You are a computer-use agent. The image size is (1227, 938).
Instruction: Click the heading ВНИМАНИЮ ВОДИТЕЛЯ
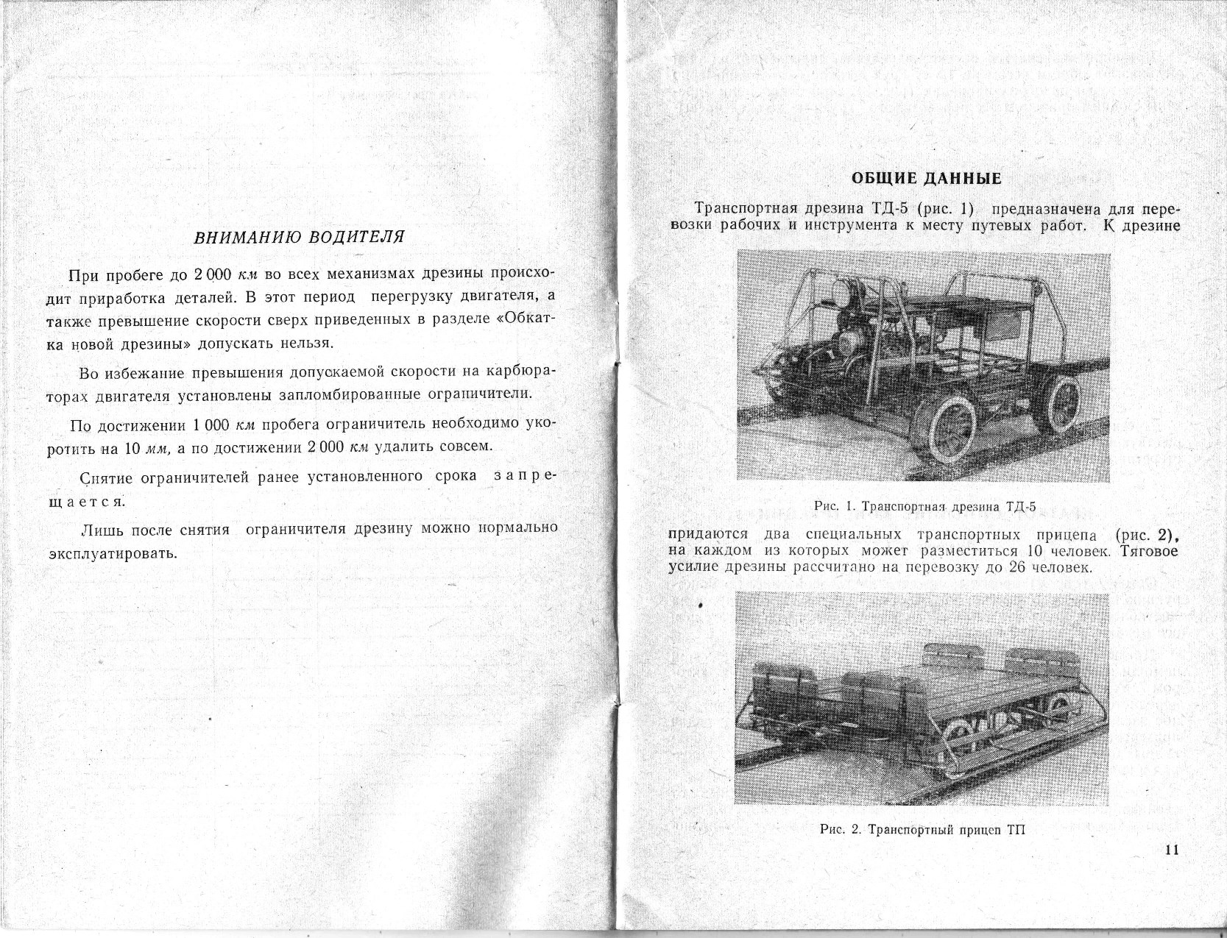[x=299, y=238]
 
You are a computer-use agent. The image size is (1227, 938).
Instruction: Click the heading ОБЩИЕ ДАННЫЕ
[x=926, y=179]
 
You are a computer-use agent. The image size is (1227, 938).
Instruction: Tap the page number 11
[x=1173, y=850]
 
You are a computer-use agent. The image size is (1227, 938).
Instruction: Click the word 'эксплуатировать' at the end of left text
[x=112, y=553]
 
